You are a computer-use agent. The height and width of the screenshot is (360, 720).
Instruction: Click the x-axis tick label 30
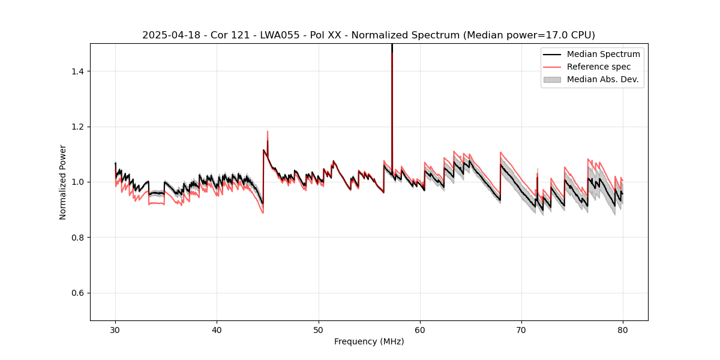pos(116,329)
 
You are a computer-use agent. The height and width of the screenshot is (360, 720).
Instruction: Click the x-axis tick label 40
pos(217,329)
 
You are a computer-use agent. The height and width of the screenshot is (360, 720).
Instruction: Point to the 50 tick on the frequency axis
pos(319,329)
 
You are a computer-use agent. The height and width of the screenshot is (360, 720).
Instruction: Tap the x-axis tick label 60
pos(420,329)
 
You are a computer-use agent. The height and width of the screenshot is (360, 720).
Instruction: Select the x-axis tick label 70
pos(521,329)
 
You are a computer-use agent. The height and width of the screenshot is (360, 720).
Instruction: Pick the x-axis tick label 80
pos(623,329)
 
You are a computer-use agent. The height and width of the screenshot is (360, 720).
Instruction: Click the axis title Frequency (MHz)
pos(369,341)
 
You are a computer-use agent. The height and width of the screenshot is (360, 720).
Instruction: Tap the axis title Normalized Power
pos(63,182)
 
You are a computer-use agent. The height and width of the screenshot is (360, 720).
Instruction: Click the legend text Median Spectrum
pos(603,54)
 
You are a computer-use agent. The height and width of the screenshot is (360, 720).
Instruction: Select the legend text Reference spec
pos(599,67)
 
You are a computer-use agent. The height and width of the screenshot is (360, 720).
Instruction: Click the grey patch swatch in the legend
pos(552,79)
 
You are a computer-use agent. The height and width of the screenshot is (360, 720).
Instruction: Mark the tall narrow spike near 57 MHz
pos(392,90)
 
